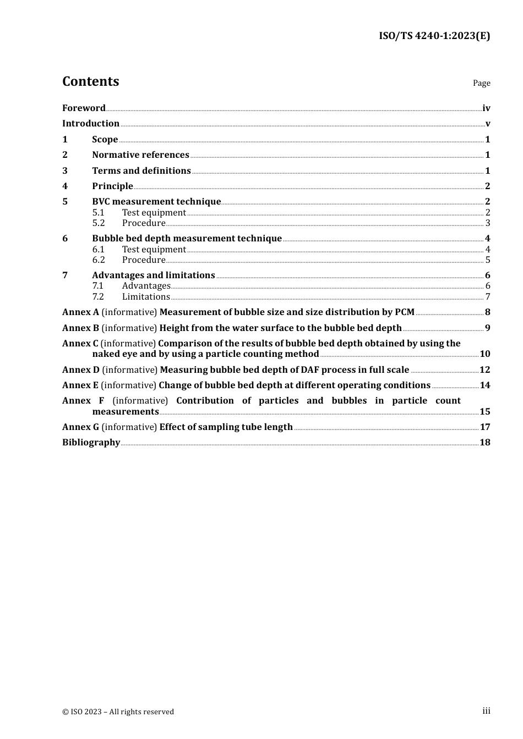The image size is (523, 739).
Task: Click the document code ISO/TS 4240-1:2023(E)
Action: click(434, 36)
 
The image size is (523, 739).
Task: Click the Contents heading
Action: click(90, 81)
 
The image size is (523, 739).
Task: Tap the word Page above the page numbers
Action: click(481, 83)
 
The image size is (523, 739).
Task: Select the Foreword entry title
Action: click(84, 108)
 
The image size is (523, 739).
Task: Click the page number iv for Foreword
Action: click(486, 108)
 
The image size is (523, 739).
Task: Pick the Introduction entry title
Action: click(91, 124)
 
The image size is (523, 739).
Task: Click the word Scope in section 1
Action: click(105, 140)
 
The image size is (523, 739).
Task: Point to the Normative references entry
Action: click(140, 155)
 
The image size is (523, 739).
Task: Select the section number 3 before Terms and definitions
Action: click(65, 171)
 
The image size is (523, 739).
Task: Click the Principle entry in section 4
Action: click(112, 186)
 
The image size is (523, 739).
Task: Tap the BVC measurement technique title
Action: click(156, 202)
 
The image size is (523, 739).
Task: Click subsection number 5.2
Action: click(99, 223)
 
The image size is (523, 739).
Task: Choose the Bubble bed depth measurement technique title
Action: click(187, 239)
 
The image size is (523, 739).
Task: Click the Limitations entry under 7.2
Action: click(146, 297)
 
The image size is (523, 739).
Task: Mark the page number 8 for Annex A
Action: click(487, 312)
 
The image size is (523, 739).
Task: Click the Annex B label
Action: click(80, 328)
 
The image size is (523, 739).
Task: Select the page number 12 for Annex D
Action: click(484, 370)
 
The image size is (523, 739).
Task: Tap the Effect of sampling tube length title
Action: click(226, 427)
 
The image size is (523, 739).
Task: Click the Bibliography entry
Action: click(91, 443)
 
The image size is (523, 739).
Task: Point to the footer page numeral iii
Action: click(486, 711)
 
